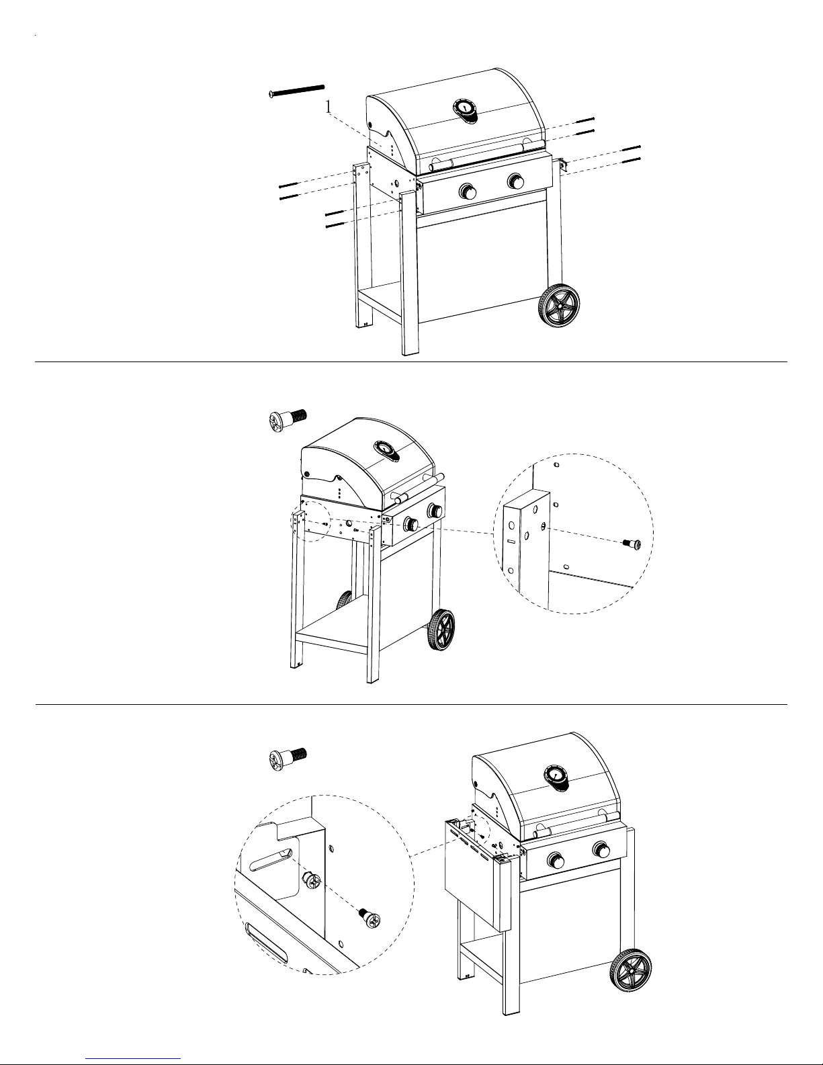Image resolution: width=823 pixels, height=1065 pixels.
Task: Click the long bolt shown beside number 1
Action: tap(297, 91)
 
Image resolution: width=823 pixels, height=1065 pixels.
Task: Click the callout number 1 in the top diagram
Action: tap(329, 107)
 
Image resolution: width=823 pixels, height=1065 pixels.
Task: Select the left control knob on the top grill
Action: tap(468, 190)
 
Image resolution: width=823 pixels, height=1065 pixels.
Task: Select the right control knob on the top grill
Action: tap(516, 181)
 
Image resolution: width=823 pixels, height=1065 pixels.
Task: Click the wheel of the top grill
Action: tap(559, 305)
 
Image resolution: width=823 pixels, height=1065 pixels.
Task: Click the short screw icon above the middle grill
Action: tap(288, 419)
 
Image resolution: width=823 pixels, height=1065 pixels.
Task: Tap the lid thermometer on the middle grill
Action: tap(386, 450)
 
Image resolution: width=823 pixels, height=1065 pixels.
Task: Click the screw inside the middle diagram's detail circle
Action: tap(632, 544)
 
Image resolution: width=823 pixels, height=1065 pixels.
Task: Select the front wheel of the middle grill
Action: tap(441, 630)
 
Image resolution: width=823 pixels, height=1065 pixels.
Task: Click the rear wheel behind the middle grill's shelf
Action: tap(345, 601)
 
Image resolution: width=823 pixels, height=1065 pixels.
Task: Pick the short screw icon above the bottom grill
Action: tap(288, 759)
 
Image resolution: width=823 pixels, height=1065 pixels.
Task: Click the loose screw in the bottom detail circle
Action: tap(370, 919)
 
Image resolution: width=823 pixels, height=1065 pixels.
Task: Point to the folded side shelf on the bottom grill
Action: tap(478, 874)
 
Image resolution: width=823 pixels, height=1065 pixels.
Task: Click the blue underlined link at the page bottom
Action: tap(133, 1057)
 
